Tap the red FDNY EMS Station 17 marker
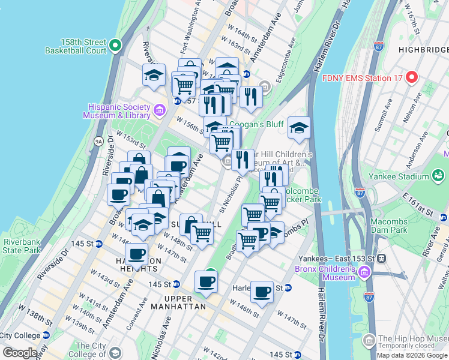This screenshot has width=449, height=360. click(411, 77)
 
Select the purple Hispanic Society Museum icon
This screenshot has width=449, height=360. click(159, 110)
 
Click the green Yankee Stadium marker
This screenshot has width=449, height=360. click(439, 176)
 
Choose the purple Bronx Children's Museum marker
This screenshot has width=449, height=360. click(363, 273)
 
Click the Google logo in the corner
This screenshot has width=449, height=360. click(20, 352)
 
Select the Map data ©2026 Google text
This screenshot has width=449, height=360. click(412, 355)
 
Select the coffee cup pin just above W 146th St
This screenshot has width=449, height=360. click(262, 292)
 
